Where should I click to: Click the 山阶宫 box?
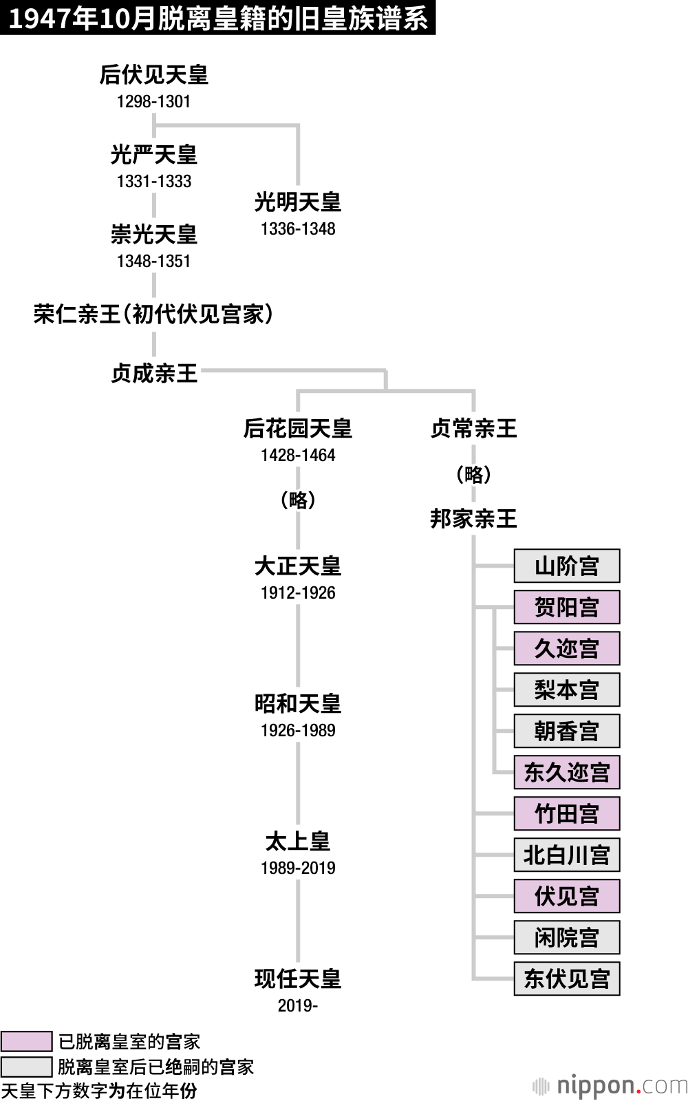pyautogui.click(x=566, y=566)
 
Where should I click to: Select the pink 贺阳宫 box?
pyautogui.click(x=566, y=607)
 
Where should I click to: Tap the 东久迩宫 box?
pyautogui.click(x=566, y=772)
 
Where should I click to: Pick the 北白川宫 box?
pyautogui.click(x=566, y=855)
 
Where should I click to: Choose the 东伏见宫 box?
pyautogui.click(x=566, y=979)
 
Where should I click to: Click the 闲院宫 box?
pyautogui.click(x=566, y=937)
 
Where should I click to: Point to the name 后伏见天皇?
pyautogui.click(x=153, y=74)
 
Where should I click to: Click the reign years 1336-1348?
pyautogui.click(x=298, y=229)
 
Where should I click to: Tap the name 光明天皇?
pyautogui.click(x=298, y=202)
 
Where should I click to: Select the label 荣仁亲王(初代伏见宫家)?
pyautogui.click(x=153, y=314)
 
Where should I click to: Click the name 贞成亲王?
pyautogui.click(x=154, y=374)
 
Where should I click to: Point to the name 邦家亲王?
pyautogui.click(x=473, y=518)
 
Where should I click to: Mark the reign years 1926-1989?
pyautogui.click(x=298, y=730)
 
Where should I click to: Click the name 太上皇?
pyautogui.click(x=298, y=841)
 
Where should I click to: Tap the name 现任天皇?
pyautogui.click(x=298, y=979)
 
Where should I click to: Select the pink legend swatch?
pyautogui.click(x=26, y=1041)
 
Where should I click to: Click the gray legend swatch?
pyautogui.click(x=26, y=1067)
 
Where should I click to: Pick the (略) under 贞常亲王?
pyautogui.click(x=473, y=474)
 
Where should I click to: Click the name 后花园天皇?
pyautogui.click(x=298, y=429)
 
